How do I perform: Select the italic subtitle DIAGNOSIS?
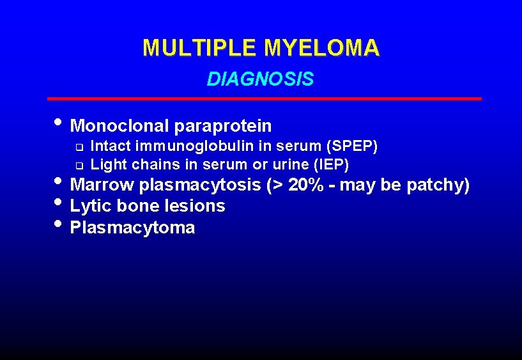coord(260,79)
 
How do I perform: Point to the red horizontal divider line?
coord(265,99)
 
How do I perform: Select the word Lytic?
coord(89,206)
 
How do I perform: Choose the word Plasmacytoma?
coord(132,227)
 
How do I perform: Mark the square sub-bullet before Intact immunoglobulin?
coord(79,146)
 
